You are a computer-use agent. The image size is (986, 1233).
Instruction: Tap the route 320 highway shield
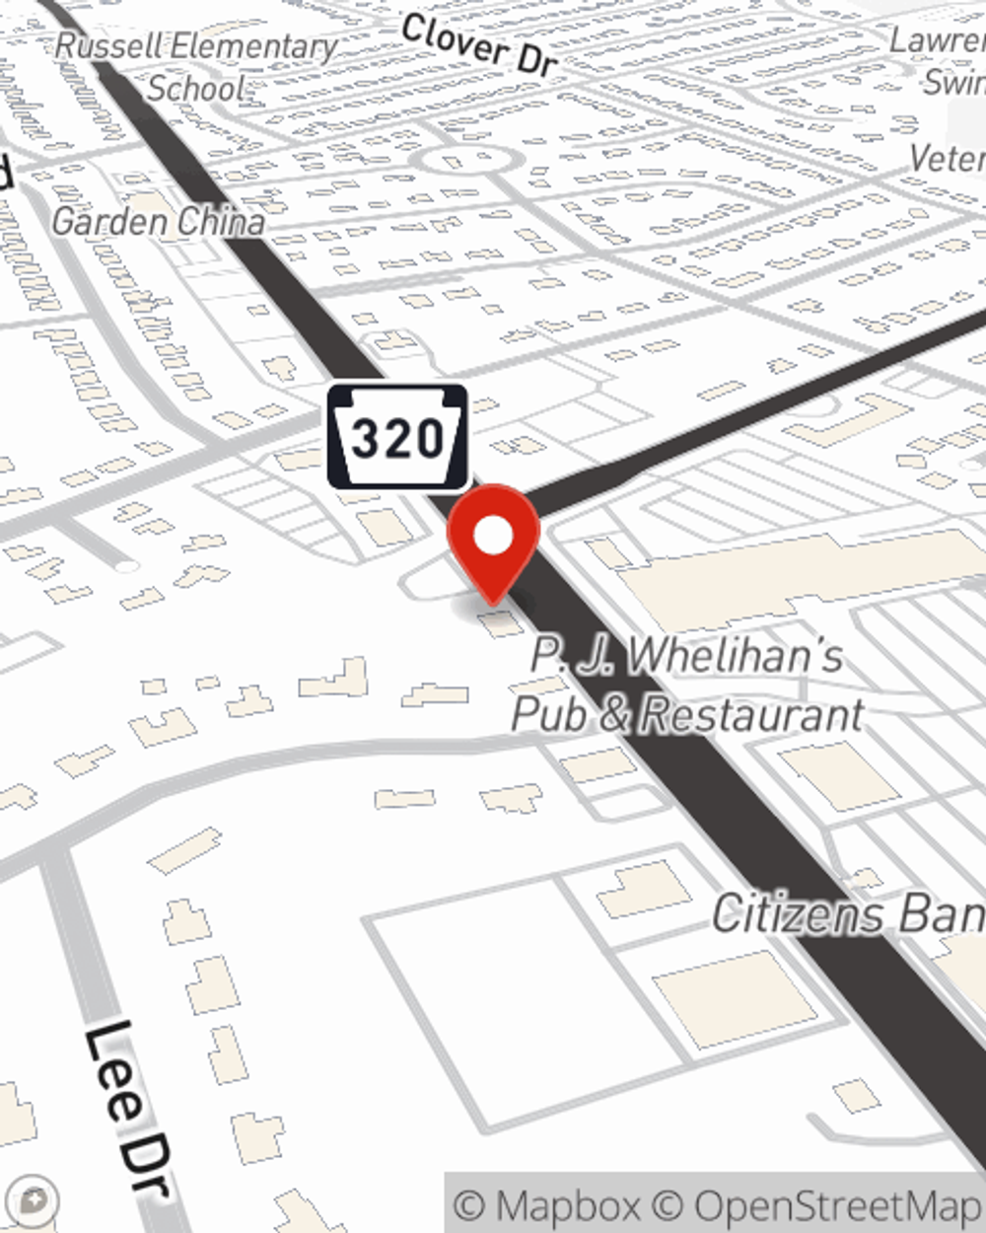pyautogui.click(x=397, y=437)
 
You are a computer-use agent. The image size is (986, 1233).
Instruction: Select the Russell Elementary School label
pyautogui.click(x=196, y=66)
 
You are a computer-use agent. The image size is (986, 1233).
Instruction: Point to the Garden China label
pyautogui.click(x=158, y=221)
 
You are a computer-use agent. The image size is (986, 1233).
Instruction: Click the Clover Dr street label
pyautogui.click(x=479, y=44)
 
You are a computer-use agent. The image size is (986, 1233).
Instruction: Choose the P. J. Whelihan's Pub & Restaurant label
pyautogui.click(x=687, y=685)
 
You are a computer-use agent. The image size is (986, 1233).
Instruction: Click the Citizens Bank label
pyautogui.click(x=848, y=914)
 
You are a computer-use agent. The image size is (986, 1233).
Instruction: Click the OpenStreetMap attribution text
pyautogui.click(x=838, y=1205)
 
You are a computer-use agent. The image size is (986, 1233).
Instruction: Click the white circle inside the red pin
pyautogui.click(x=494, y=536)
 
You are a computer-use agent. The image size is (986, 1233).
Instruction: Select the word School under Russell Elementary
pyautogui.click(x=196, y=88)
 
